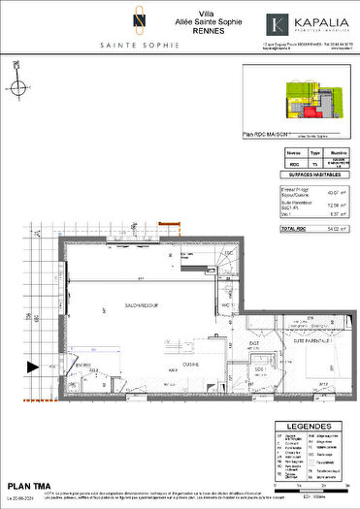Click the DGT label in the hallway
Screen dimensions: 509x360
point(253,342)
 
